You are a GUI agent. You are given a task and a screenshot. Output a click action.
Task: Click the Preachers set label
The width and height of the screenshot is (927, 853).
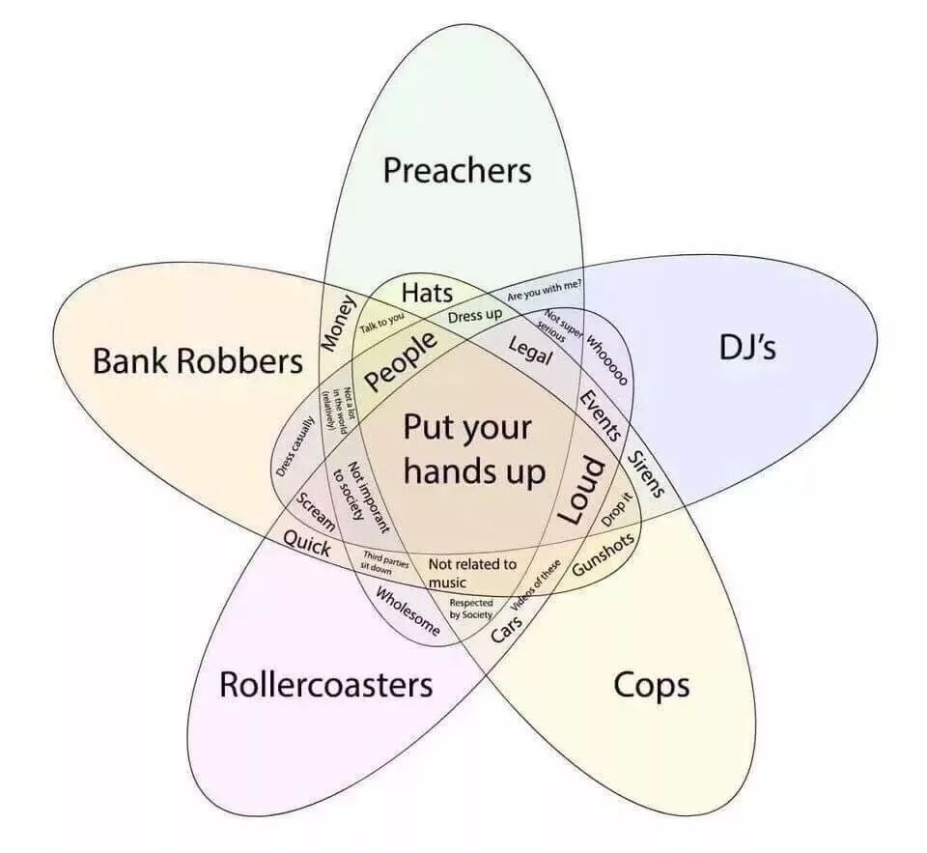[457, 171]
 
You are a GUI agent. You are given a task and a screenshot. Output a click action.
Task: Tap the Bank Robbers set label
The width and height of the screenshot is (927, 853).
[198, 361]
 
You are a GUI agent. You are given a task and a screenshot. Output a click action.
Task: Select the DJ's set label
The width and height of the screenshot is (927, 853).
[747, 348]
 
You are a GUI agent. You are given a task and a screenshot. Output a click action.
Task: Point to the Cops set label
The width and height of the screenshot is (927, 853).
[652, 685]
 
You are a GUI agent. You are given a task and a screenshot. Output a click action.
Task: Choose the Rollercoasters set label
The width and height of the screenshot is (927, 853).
[325, 685]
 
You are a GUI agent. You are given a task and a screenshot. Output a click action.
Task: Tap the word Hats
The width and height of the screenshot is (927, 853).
[427, 292]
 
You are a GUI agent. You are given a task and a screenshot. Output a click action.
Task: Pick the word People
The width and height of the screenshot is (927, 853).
[401, 358]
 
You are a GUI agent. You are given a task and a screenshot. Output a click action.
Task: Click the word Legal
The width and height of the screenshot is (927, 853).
[529, 352]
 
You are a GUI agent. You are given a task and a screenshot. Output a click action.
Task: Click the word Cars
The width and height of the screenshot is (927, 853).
[507, 628]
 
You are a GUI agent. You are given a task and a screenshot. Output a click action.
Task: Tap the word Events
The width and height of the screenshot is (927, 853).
[600, 415]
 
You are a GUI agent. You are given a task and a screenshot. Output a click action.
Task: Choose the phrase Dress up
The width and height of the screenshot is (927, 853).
[475, 315]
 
